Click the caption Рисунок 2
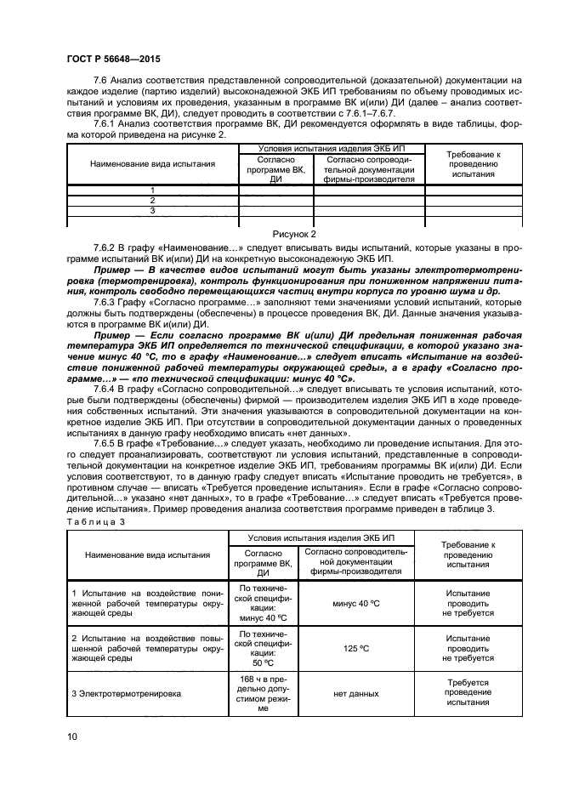293,232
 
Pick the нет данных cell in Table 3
356,694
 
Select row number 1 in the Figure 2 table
151,190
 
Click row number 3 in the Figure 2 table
151,210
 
